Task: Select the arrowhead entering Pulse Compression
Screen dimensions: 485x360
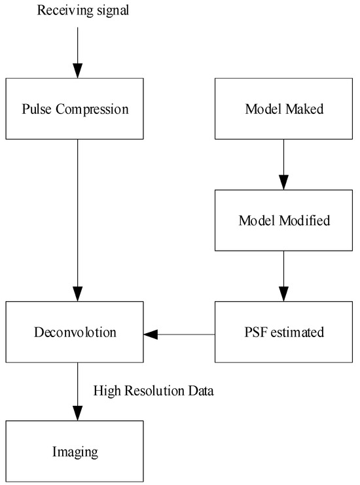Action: coord(78,71)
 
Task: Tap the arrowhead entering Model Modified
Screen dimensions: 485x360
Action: coord(283,182)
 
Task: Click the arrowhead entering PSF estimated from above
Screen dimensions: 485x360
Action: coord(283,294)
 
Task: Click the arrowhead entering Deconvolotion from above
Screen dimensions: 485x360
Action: coord(78,294)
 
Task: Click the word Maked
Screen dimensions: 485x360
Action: coord(304,109)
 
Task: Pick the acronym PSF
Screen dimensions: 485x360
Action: coord(252,332)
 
